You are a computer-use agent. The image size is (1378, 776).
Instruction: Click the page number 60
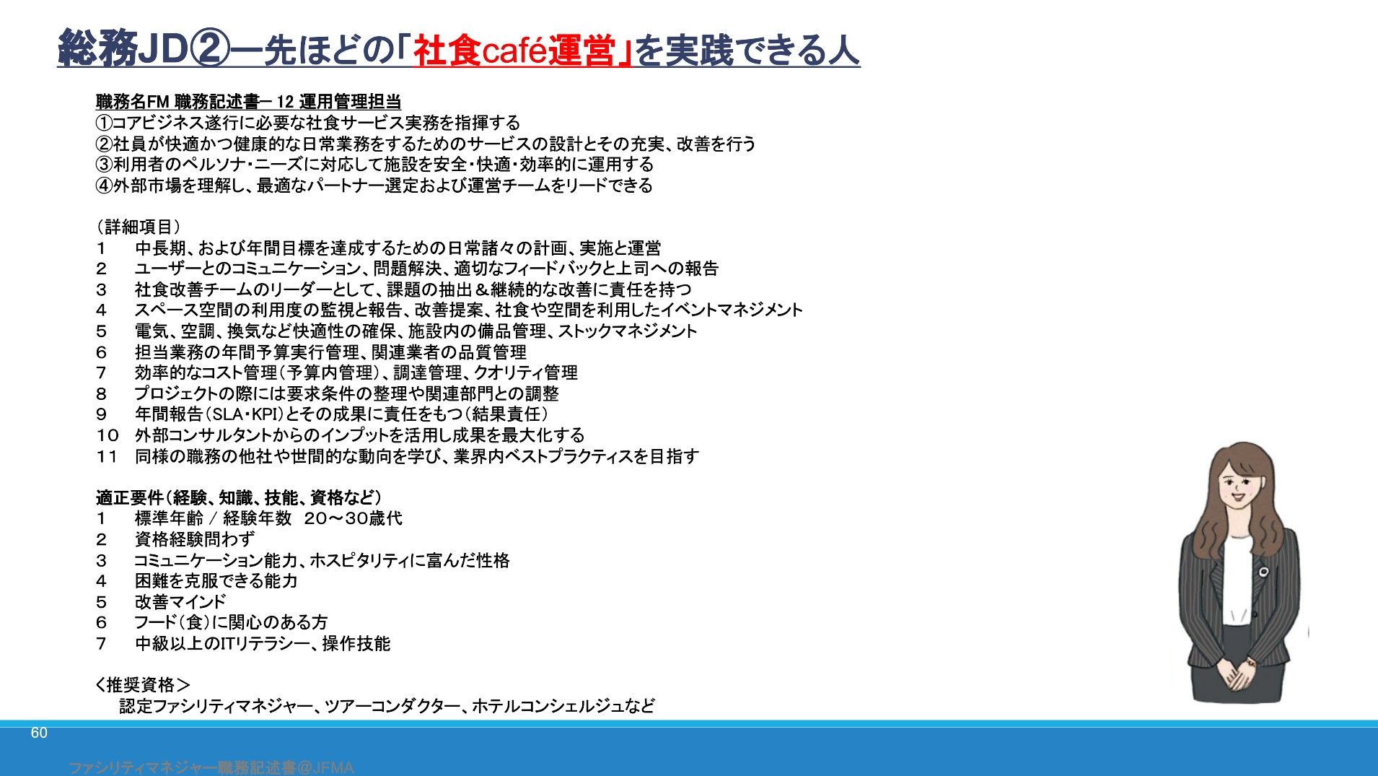click(39, 733)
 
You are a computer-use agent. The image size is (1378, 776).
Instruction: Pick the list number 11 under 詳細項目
click(107, 456)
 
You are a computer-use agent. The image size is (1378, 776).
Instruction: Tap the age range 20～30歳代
click(353, 518)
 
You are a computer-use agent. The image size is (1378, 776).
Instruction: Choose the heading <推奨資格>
click(143, 684)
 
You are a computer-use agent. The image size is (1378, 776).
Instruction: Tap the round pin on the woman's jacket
click(1263, 572)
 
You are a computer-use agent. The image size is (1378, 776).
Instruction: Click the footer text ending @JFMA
click(211, 768)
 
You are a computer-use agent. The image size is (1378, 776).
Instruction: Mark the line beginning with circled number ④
click(374, 186)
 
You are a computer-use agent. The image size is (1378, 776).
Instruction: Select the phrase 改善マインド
click(180, 601)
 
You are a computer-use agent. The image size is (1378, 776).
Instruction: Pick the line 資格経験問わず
click(195, 539)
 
